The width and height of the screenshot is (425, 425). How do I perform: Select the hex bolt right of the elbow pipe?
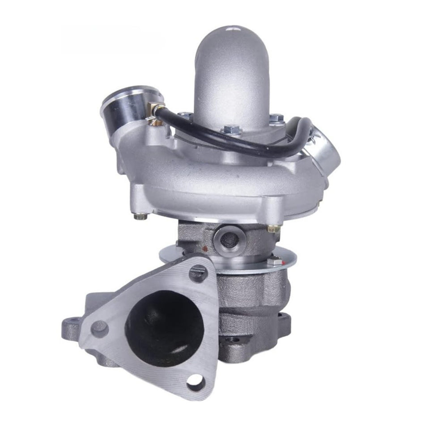point(277,117)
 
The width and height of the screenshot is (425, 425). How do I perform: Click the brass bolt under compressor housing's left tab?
point(140,216)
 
